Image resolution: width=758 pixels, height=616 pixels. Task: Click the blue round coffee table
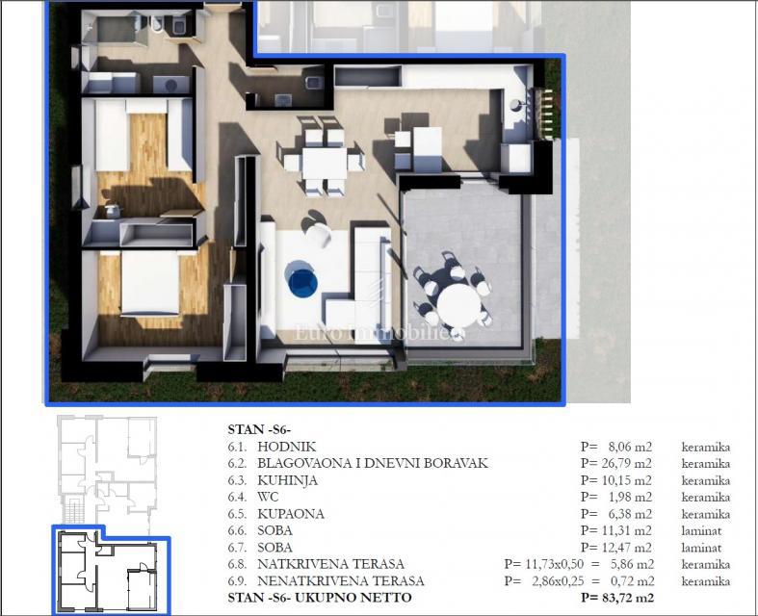pos(302,281)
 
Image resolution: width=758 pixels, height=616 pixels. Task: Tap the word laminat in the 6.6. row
pos(703,530)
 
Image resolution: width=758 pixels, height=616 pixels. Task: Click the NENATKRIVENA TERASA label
pos(341,581)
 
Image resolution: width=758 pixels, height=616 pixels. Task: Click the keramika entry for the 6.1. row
pos(704,447)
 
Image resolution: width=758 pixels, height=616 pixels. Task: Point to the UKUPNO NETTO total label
pos(362,598)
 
